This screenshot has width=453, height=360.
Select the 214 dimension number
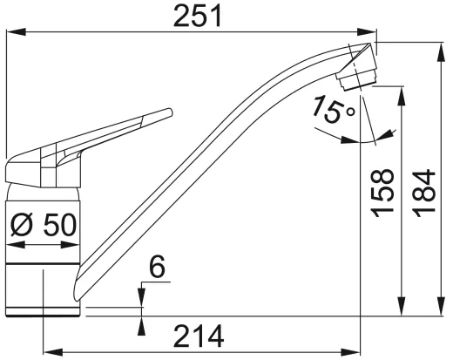198,334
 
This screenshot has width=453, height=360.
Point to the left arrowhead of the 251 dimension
10,33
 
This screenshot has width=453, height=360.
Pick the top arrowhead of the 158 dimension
401,91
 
